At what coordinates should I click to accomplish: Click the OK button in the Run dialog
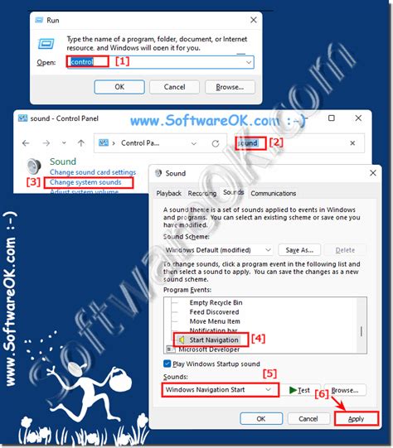tap(119, 86)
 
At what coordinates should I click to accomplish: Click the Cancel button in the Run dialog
tap(174, 86)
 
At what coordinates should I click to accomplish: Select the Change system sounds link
tap(85, 182)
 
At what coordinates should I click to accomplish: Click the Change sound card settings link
tap(92, 171)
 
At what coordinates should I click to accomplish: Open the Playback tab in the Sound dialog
tap(168, 193)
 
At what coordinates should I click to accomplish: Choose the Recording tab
tap(201, 193)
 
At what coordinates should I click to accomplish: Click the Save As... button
tap(299, 249)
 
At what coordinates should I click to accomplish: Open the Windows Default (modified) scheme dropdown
tap(218, 249)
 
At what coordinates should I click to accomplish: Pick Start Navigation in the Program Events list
tap(213, 340)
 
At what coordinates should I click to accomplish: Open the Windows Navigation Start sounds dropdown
tap(219, 389)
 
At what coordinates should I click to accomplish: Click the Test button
tap(299, 389)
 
